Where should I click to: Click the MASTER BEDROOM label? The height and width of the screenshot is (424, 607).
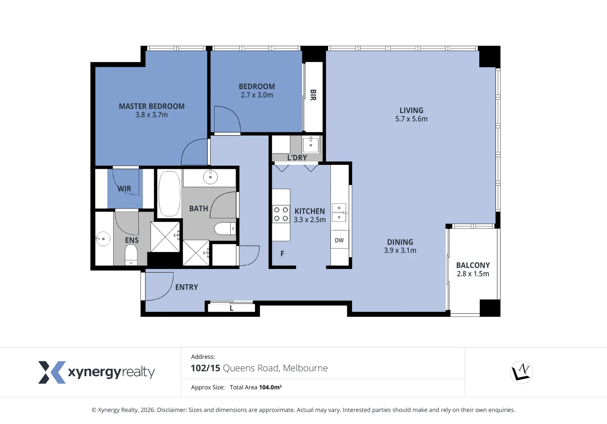152,106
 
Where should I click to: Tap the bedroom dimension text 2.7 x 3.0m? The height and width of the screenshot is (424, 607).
257,95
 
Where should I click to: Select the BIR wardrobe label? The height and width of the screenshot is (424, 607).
313,95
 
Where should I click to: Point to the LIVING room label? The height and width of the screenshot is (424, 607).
411,110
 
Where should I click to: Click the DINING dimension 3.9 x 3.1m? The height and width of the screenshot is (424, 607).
400,250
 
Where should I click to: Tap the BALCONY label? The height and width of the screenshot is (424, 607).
473,265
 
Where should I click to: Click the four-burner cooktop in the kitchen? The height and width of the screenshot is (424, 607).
281,214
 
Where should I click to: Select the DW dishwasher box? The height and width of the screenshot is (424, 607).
339,240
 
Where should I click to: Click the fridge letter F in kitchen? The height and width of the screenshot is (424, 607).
282,254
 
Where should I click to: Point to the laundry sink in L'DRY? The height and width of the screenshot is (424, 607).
310,144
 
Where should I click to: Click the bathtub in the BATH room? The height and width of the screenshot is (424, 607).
169,194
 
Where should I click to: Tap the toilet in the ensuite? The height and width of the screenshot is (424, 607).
131,256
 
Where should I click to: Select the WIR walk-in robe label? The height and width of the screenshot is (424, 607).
125,189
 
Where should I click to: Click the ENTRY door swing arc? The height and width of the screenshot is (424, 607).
165,289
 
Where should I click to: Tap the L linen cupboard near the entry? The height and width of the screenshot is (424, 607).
231,308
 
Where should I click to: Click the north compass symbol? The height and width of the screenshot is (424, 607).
521,372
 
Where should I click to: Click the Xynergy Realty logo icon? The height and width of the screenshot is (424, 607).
51,372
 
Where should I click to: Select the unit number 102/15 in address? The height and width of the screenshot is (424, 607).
205,368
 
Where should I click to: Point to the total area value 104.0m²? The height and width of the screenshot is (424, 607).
270,387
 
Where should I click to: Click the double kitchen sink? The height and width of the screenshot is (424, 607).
339,212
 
